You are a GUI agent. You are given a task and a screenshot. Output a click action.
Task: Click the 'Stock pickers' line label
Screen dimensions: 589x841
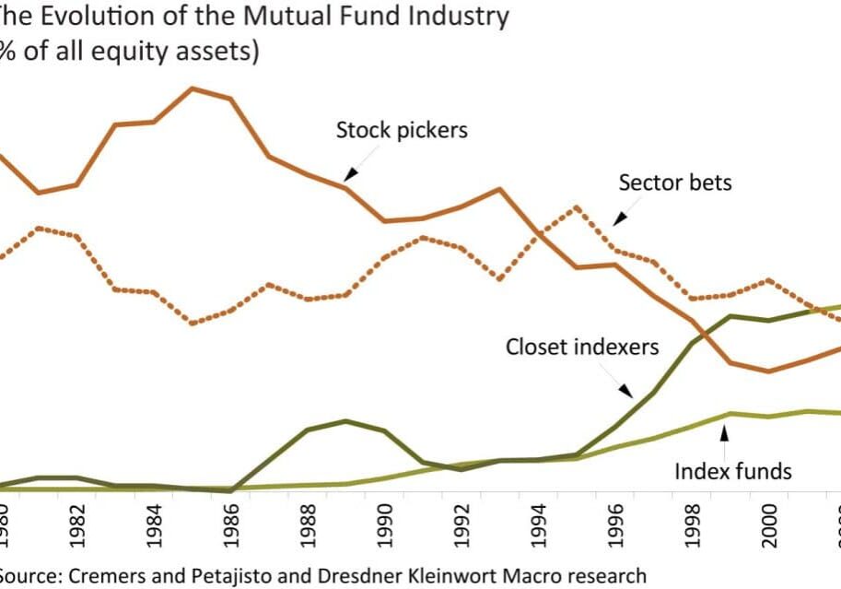(402, 130)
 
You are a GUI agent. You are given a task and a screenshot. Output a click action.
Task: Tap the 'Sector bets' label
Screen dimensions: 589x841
(675, 183)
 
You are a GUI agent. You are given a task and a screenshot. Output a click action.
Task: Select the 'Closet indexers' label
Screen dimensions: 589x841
(582, 348)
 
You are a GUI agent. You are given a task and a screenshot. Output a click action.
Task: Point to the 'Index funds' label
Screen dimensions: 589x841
(732, 472)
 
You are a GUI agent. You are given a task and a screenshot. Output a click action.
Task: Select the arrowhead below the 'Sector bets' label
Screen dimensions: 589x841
(619, 218)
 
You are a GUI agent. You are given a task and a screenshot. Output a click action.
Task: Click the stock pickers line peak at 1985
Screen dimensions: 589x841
(193, 88)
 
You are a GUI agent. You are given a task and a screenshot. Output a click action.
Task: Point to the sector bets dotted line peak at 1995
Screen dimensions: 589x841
(577, 206)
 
